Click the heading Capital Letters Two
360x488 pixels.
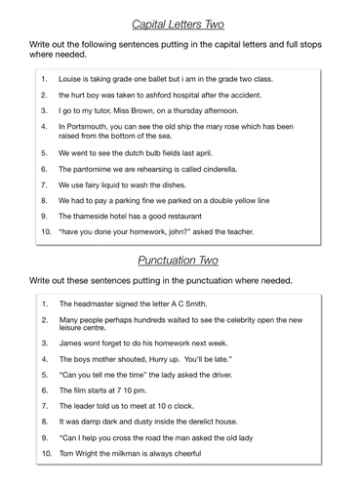180,17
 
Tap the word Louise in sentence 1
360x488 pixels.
73,78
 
